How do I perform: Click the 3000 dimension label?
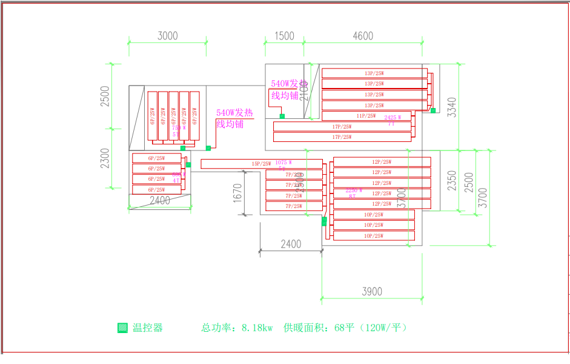[168, 36]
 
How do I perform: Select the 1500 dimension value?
[284, 36]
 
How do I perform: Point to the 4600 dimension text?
[363, 36]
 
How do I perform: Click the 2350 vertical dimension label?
[452, 181]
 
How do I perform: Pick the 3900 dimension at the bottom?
[372, 292]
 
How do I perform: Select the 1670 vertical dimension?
[237, 193]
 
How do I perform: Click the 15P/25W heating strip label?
[261, 164]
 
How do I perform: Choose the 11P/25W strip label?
[366, 116]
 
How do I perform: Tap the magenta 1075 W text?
[283, 163]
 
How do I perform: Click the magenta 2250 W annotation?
[354, 190]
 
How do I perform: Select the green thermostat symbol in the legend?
[122, 328]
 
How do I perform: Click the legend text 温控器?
[148, 328]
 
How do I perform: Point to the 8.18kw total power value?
[257, 328]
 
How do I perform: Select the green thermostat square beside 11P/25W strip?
[433, 110]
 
